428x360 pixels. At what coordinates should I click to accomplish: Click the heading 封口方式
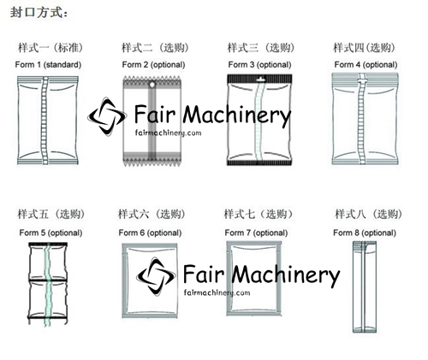[39, 13]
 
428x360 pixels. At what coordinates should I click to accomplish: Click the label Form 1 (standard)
[48, 65]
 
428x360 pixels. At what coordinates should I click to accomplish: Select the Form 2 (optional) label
[153, 65]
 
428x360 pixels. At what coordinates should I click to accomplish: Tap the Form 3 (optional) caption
[259, 65]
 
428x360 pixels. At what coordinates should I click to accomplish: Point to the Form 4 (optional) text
[366, 65]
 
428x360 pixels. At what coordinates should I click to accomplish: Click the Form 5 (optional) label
[51, 233]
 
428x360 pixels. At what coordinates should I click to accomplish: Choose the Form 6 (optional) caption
[150, 233]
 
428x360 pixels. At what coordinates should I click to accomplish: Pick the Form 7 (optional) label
[256, 233]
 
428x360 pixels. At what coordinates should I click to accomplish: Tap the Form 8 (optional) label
[365, 233]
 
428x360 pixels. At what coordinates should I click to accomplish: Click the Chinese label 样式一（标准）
[51, 48]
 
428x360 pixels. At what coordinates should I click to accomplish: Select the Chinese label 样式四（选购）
[365, 48]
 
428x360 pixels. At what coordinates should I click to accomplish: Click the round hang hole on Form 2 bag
[152, 85]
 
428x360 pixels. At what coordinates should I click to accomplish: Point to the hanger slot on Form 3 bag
[260, 78]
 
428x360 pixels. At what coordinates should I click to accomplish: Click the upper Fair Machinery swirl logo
[107, 116]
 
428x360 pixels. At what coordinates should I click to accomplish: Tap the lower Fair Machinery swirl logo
[156, 276]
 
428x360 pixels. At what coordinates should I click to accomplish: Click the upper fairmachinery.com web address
[168, 133]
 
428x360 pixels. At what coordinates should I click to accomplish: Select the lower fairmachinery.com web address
[217, 292]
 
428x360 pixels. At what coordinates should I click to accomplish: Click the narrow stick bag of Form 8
[365, 286]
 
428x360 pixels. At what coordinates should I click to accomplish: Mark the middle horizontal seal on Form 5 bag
[48, 280]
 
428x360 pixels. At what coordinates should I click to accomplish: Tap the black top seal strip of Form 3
[259, 79]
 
